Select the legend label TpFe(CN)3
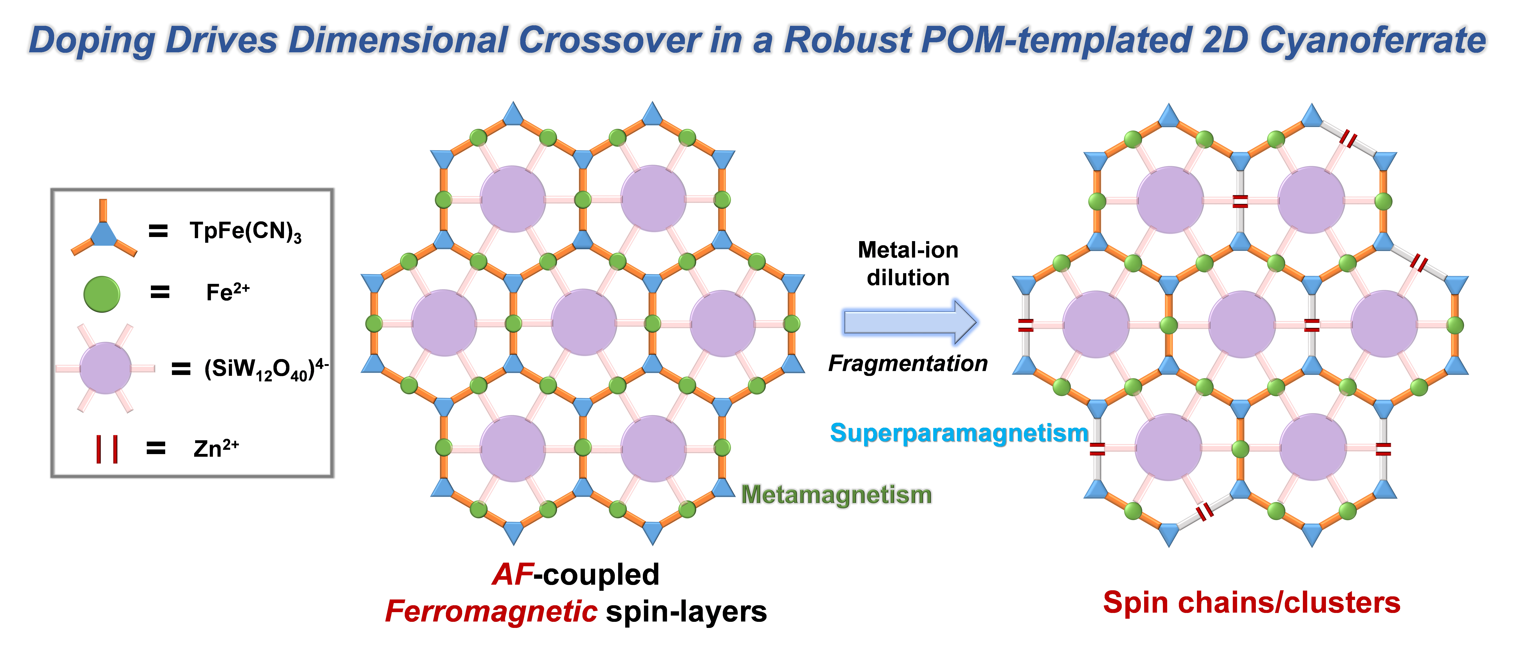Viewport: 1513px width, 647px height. pyautogui.click(x=245, y=231)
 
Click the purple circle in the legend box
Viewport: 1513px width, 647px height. pyautogui.click(x=106, y=368)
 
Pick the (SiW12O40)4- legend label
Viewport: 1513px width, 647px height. pyautogui.click(x=266, y=369)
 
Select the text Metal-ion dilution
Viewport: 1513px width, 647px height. pyautogui.click(x=908, y=264)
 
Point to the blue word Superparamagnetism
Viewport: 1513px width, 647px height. pyautogui.click(x=959, y=433)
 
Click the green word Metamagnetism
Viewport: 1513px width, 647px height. pyautogui.click(x=836, y=494)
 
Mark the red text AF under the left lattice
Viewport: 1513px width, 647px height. pyautogui.click(x=513, y=574)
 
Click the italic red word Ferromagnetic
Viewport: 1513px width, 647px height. pyautogui.click(x=491, y=612)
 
